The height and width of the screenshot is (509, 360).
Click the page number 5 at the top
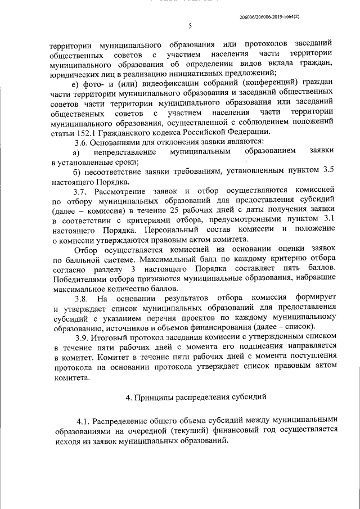tap(190, 26)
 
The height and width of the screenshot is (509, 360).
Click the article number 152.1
tap(82, 132)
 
